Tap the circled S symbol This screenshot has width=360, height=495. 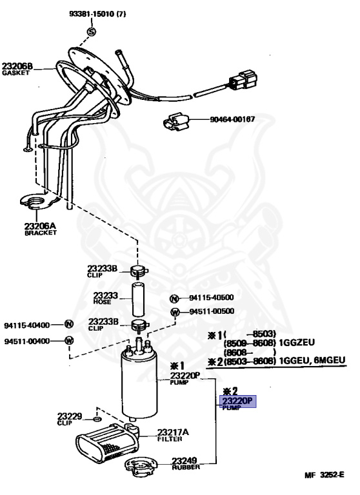coord(91,32)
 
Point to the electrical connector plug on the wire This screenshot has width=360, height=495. coord(243,80)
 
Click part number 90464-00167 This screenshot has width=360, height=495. coord(232,119)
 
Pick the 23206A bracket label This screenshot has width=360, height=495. coord(41,229)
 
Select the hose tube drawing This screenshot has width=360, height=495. coord(138,299)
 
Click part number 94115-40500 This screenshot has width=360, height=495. coord(212,297)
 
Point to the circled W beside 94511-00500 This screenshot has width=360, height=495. coord(175,312)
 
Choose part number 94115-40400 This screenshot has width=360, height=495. coord(27,325)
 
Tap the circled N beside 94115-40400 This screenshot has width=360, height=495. coord(69,324)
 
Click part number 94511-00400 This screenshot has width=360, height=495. coord(27,341)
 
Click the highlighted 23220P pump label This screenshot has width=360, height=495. coord(237,402)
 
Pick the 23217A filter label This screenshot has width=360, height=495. coord(173,435)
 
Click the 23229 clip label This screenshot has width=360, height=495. coord(70,419)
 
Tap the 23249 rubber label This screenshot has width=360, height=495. coord(186,464)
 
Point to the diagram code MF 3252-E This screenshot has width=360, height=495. coord(325,475)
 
